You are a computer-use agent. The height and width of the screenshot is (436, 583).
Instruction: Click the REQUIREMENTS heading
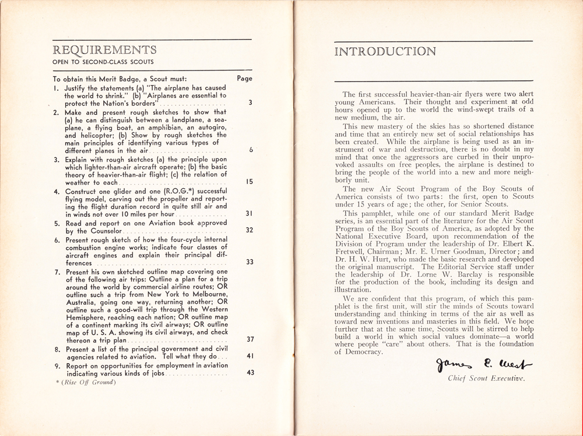click(x=104, y=49)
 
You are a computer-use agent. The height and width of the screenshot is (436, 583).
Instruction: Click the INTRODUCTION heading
click(x=385, y=51)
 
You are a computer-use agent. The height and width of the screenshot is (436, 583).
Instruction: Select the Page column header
click(x=245, y=79)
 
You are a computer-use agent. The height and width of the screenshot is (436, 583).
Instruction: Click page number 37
click(x=249, y=339)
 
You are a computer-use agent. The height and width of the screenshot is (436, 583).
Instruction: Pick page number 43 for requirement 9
click(x=249, y=372)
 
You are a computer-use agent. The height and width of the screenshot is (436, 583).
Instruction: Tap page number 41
click(x=249, y=356)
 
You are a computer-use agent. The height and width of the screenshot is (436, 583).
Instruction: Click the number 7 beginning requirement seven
click(x=55, y=272)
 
